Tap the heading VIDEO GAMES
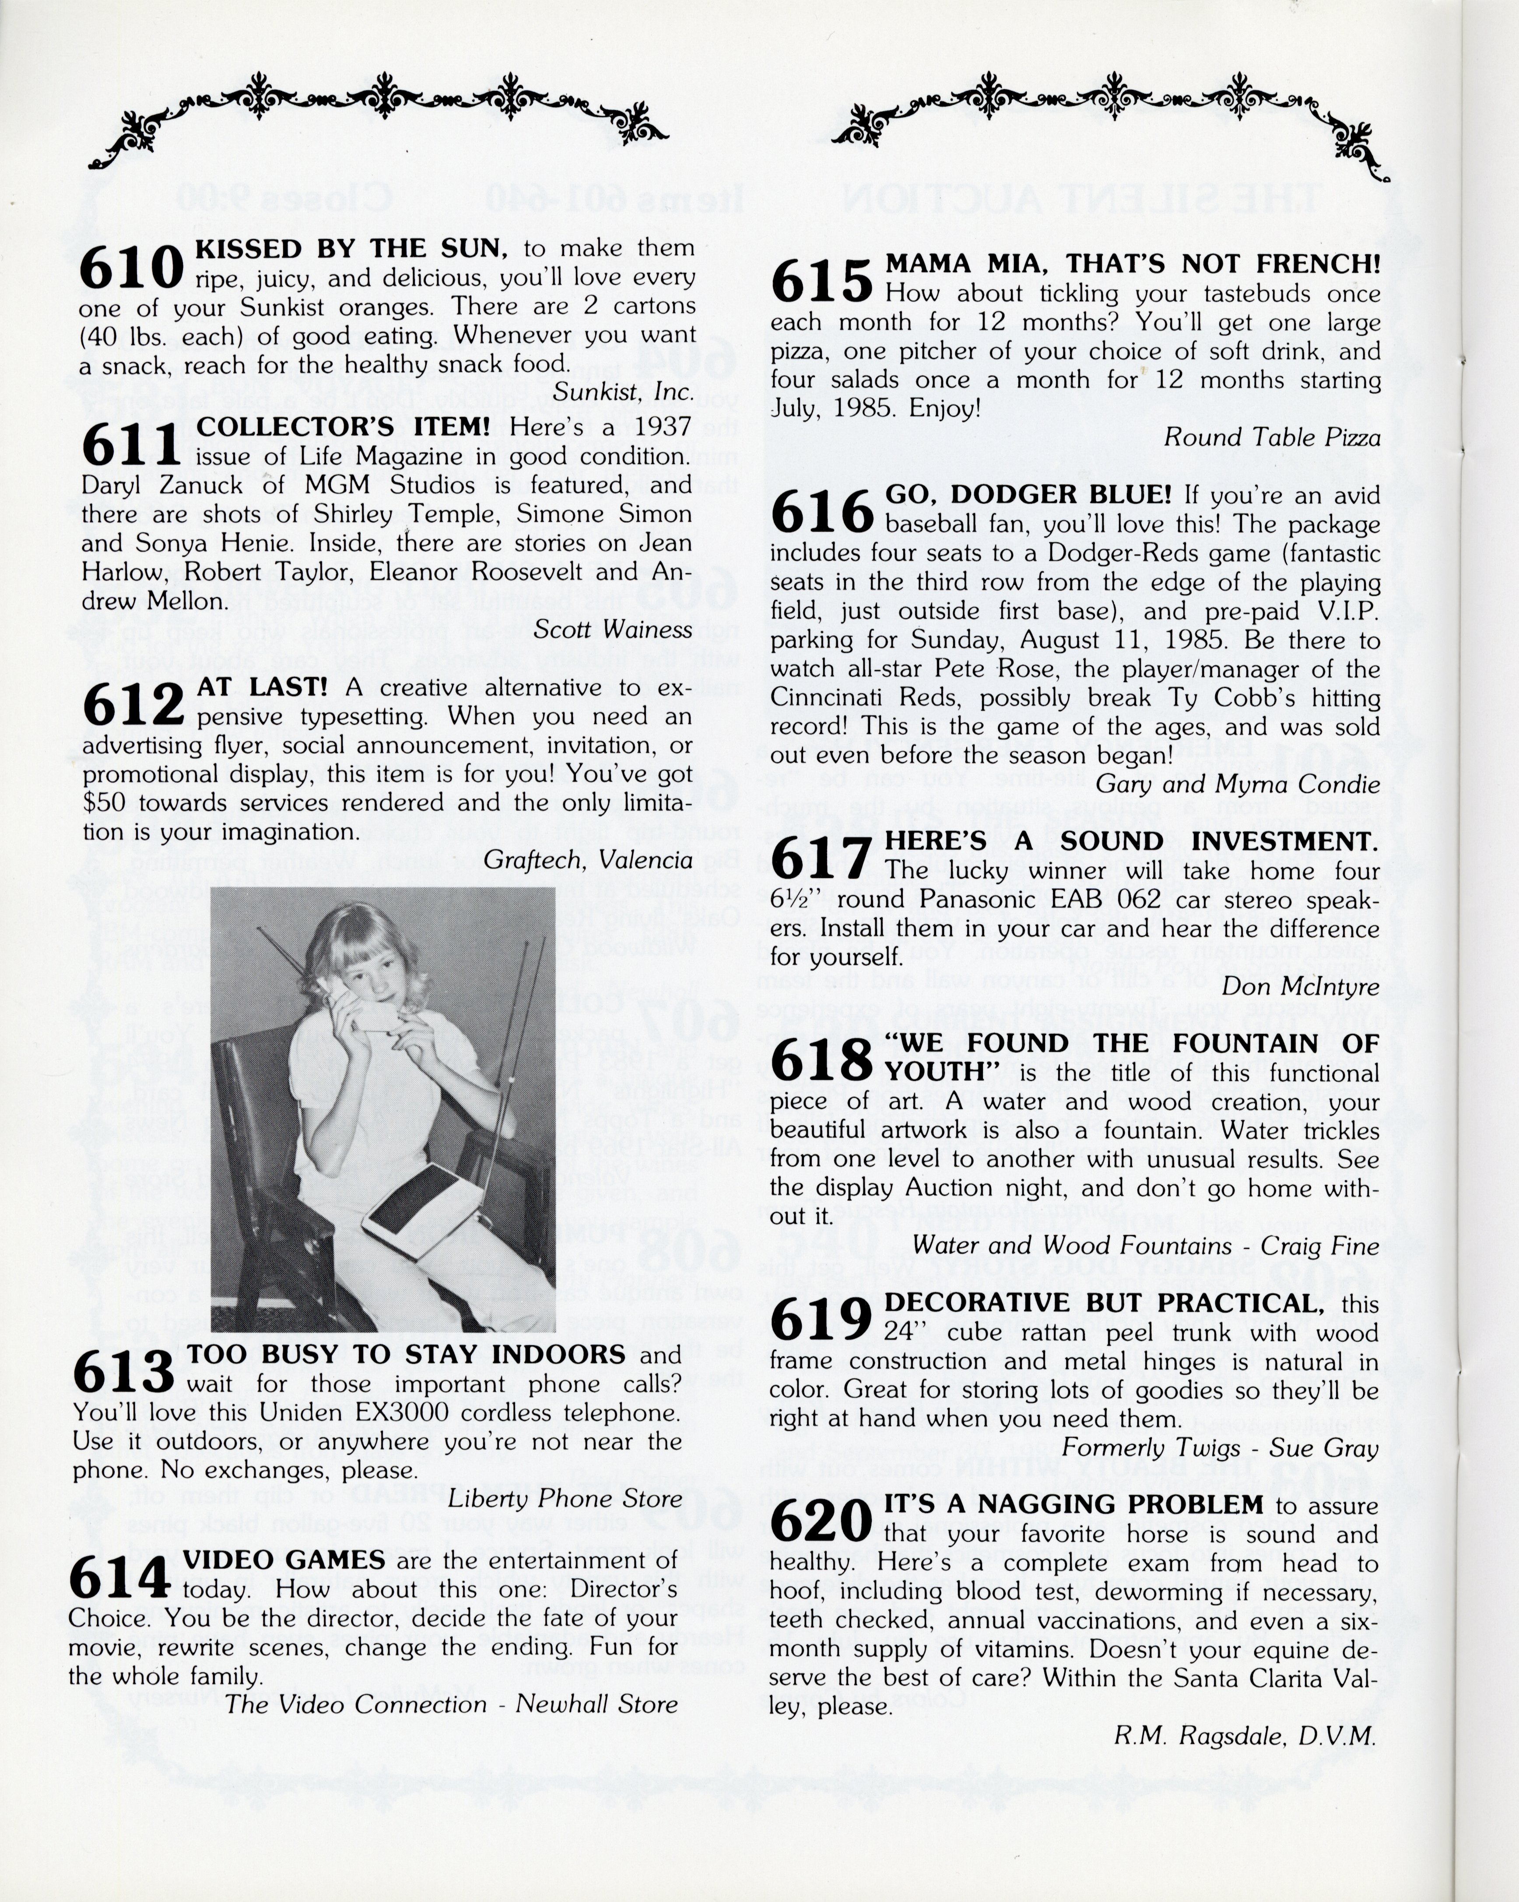(x=284, y=1560)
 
